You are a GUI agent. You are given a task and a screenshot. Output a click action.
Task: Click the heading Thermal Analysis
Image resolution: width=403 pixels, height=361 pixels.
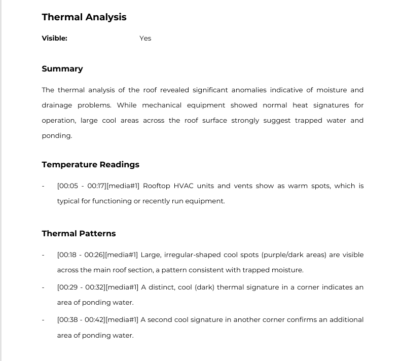click(x=84, y=17)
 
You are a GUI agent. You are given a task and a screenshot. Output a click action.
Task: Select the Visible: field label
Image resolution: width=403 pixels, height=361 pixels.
click(x=54, y=38)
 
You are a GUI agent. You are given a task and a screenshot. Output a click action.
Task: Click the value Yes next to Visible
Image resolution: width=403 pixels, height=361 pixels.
click(x=145, y=38)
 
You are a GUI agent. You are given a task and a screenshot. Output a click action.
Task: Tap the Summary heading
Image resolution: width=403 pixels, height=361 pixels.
click(x=62, y=69)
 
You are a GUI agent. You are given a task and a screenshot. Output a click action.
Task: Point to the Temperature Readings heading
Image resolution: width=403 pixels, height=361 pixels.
click(x=90, y=165)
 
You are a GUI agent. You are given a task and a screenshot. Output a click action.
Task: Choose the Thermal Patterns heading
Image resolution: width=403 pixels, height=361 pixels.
click(x=79, y=234)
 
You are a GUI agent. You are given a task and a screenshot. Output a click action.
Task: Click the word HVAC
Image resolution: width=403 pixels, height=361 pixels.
click(x=183, y=186)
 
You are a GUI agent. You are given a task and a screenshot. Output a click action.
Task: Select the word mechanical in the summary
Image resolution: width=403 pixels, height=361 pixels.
click(x=162, y=105)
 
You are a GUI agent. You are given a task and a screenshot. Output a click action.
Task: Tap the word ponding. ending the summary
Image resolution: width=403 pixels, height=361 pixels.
click(x=57, y=136)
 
